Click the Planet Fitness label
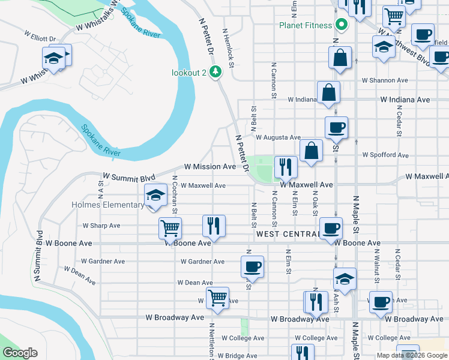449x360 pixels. point(305,25)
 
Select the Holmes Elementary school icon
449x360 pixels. point(155,196)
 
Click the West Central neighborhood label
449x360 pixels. point(287,233)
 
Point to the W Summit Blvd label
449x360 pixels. point(129,177)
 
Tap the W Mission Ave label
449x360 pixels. point(209,166)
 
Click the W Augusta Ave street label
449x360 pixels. point(278,137)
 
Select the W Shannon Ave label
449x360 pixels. point(384,80)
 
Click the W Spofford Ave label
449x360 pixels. point(385,155)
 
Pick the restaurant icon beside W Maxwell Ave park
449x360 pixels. point(285,167)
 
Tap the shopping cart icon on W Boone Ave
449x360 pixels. point(170,228)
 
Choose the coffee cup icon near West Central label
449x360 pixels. point(331,228)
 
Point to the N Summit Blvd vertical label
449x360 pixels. point(38,256)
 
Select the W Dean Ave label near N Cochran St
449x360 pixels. point(194,283)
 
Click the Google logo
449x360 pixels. point(20,353)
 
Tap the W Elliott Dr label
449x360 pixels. point(41,36)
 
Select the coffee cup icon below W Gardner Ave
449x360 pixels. point(252,266)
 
